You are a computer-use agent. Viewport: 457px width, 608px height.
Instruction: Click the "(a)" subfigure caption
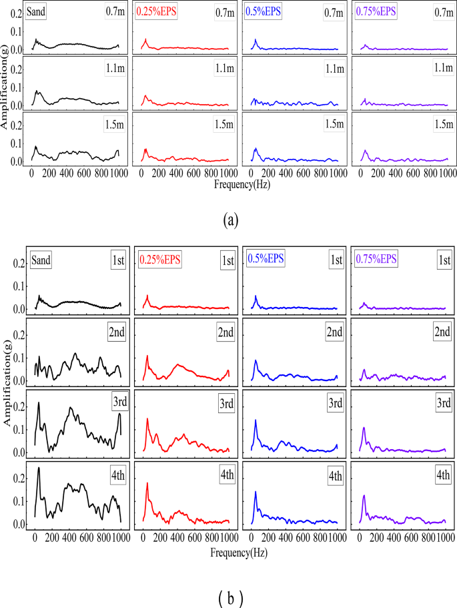229,218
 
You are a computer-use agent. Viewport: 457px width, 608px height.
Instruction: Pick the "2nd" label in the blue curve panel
332,332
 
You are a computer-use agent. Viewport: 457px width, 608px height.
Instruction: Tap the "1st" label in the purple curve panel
441,260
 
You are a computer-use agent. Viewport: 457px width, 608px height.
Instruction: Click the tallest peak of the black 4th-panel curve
39,468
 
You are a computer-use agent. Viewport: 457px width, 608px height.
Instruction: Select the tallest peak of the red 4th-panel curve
147,483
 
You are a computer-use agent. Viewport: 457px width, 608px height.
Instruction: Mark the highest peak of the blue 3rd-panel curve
256,420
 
